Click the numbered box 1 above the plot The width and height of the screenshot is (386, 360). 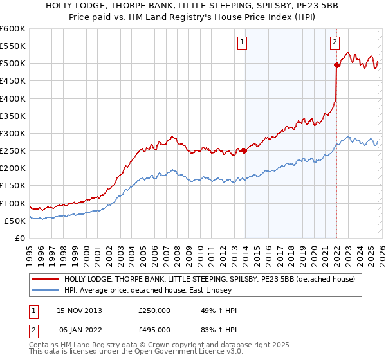coord(242,43)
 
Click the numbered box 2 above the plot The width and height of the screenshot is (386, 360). coord(335,43)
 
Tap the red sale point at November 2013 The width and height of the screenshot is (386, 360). coord(244,151)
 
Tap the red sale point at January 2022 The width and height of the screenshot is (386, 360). coord(336,65)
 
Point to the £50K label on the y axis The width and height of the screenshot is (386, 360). coord(15,221)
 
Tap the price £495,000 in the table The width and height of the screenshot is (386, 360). coord(154,328)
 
